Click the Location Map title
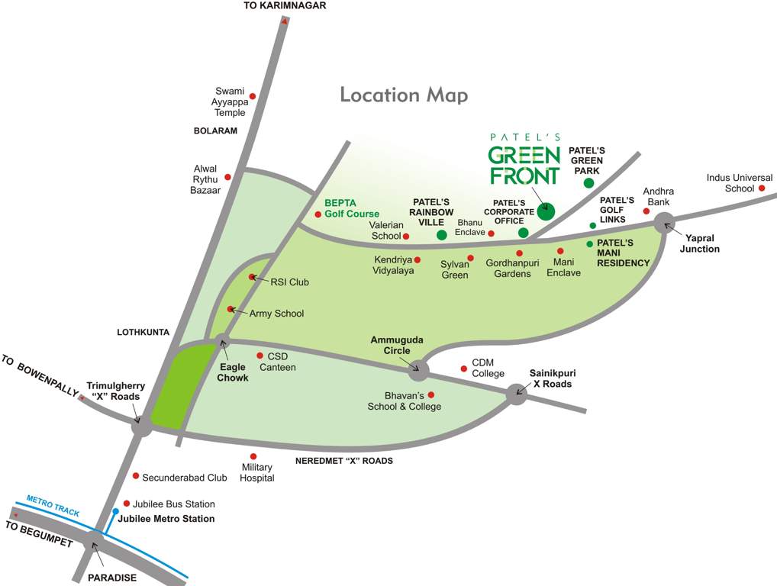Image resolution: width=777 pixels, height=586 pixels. point(403,95)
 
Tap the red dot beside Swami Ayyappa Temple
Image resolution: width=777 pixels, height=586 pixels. point(253,96)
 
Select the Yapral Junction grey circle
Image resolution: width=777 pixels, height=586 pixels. point(664,222)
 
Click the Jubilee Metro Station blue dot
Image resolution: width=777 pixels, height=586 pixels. point(115,511)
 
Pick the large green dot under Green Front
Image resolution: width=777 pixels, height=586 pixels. point(546,211)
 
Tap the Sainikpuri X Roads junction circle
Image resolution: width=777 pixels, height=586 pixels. point(516,394)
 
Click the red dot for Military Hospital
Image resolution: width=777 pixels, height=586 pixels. point(253,456)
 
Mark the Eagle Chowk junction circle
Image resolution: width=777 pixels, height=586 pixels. point(222,341)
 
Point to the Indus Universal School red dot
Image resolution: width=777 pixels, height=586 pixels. point(762,188)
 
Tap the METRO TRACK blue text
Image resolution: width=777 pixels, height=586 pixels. point(53,506)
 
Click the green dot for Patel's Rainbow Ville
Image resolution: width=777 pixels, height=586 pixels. point(441,234)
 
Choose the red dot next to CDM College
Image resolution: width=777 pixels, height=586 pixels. point(463,369)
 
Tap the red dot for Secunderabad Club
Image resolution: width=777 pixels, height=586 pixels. point(136,476)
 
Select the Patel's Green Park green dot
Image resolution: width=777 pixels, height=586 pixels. point(588,183)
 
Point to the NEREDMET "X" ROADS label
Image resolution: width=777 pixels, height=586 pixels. point(344,461)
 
